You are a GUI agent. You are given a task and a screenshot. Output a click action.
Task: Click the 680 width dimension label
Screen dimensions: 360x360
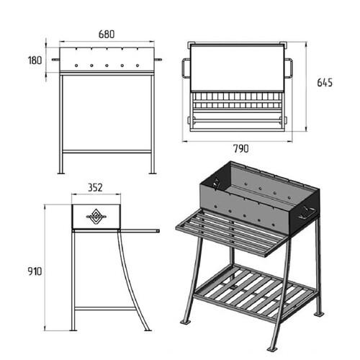click(107, 35)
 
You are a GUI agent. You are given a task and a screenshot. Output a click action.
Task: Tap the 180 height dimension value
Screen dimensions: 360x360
click(35, 60)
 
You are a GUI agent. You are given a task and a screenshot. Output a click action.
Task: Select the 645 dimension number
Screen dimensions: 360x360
click(325, 83)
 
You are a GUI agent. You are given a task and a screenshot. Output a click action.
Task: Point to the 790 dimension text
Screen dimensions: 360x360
click(241, 149)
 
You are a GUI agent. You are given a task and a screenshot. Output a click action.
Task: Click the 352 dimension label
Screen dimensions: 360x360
click(95, 188)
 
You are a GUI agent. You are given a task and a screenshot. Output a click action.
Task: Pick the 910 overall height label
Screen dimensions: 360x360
click(35, 271)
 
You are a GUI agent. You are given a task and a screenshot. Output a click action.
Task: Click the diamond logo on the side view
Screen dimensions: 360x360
click(96, 217)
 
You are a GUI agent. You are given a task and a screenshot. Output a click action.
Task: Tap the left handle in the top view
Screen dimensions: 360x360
click(186, 68)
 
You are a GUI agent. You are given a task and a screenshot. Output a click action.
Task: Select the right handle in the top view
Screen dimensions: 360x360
click(289, 68)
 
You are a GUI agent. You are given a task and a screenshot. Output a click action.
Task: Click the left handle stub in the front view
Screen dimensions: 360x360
click(55, 60)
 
